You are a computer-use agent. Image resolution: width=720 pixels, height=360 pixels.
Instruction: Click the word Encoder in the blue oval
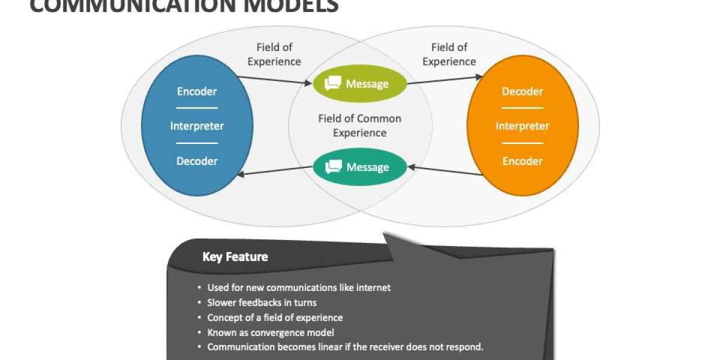click(197, 91)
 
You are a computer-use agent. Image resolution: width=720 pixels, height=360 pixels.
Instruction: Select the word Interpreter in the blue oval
click(197, 126)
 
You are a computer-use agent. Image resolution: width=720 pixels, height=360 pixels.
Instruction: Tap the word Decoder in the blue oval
click(197, 161)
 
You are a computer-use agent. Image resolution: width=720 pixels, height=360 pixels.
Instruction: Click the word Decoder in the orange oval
click(522, 91)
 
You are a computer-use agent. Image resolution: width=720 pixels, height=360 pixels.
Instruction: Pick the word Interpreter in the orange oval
click(522, 126)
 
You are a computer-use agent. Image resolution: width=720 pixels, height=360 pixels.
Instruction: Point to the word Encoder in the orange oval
click(522, 161)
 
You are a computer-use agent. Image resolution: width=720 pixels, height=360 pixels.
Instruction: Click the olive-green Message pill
click(359, 84)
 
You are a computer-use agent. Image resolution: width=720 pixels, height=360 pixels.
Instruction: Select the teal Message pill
click(359, 167)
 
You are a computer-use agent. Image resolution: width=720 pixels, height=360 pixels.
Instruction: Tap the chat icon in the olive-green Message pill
click(332, 84)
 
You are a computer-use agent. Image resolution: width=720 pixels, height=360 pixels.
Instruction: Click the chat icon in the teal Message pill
click(333, 167)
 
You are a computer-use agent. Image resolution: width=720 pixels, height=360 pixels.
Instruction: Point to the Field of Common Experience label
click(359, 125)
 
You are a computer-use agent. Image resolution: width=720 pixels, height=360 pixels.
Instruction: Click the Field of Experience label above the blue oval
click(274, 54)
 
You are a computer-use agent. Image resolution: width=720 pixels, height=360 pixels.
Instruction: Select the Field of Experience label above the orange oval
click(449, 54)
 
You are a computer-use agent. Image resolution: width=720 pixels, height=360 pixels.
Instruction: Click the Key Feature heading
click(235, 257)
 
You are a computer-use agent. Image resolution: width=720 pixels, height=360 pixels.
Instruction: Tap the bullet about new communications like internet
click(299, 287)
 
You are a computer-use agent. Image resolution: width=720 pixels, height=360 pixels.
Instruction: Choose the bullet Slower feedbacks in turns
click(262, 302)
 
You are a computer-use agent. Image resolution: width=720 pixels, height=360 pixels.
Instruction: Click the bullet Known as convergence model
click(271, 332)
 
